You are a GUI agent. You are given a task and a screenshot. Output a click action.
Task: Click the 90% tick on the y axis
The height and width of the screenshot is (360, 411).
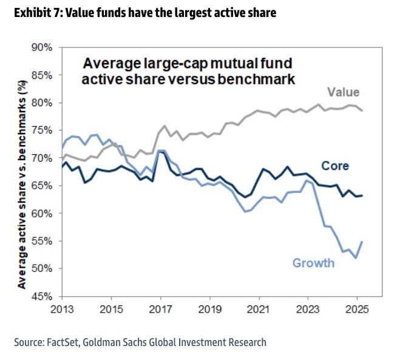pyautogui.click(x=44, y=47)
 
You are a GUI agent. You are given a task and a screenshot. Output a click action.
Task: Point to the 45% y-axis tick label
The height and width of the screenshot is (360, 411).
pyautogui.click(x=44, y=296)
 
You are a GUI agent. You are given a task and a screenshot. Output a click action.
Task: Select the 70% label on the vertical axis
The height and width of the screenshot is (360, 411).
pyautogui.click(x=44, y=158)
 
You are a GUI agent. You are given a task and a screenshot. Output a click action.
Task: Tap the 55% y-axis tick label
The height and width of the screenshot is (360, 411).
pyautogui.click(x=44, y=241)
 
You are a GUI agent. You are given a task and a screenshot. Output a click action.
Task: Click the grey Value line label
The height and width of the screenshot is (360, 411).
pyautogui.click(x=343, y=92)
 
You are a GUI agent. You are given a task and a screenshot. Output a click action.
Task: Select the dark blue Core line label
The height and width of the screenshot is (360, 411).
pyautogui.click(x=335, y=166)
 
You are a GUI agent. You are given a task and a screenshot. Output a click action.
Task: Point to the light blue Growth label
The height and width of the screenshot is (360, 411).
pyautogui.click(x=313, y=263)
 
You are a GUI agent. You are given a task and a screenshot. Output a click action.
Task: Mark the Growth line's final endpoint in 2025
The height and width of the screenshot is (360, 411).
pyautogui.click(x=362, y=242)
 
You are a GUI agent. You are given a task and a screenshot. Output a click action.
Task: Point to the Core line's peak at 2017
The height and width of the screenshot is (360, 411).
pyautogui.click(x=160, y=151)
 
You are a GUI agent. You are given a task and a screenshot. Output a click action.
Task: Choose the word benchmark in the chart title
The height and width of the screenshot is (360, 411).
pyautogui.click(x=265, y=79)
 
